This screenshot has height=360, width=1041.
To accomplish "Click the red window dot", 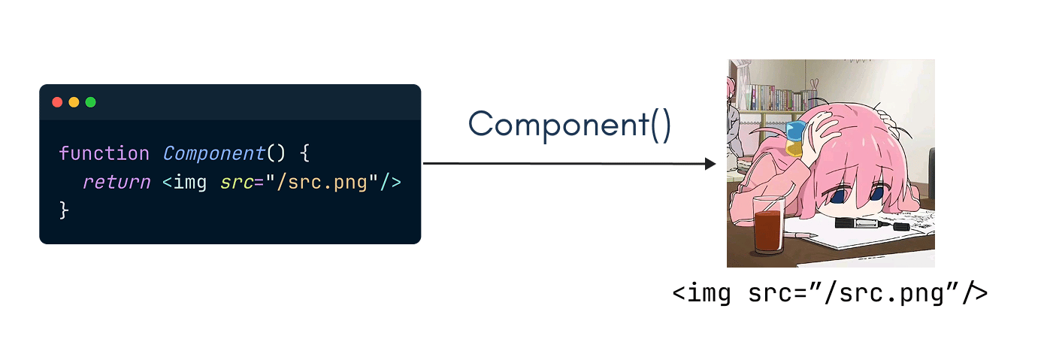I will click(x=57, y=102).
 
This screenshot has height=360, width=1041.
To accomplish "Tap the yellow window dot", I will click(x=74, y=102).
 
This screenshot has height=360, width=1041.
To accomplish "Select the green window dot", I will click(x=90, y=102).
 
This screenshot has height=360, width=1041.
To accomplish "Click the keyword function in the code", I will click(x=104, y=153).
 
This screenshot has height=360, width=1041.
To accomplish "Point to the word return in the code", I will click(x=116, y=182).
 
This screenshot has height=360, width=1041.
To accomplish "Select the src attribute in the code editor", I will click(x=237, y=182).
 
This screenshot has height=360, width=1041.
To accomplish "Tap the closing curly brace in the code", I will click(x=64, y=210).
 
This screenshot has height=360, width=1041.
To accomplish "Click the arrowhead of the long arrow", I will click(x=710, y=164).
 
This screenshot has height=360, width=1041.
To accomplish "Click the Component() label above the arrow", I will click(x=569, y=124).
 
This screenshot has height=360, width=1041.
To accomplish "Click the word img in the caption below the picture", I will click(x=712, y=293).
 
